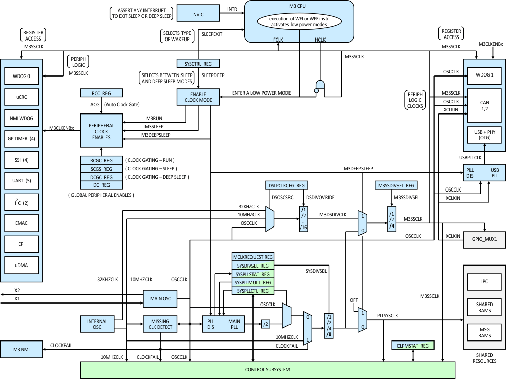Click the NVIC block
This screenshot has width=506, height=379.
(199, 14)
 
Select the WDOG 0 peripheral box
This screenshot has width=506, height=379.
(21, 77)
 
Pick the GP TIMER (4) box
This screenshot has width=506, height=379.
(21, 139)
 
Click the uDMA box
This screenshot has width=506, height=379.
(21, 264)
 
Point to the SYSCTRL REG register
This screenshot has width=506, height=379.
(198, 64)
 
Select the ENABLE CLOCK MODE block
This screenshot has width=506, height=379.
(198, 97)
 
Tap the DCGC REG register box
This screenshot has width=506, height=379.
(101, 177)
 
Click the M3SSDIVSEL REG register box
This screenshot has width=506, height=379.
(396, 186)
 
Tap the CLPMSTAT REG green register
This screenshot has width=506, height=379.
(413, 346)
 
